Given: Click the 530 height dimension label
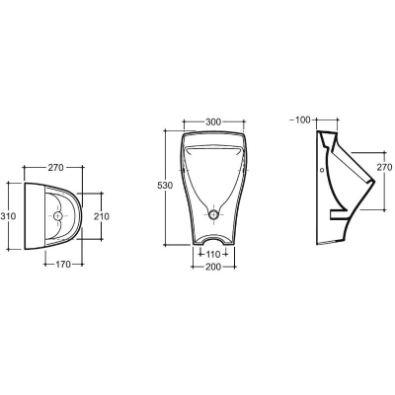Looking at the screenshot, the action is tap(165, 186).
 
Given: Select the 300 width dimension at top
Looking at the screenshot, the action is tap(213, 121).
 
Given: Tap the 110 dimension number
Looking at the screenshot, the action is tap(213, 255).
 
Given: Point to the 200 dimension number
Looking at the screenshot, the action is tap(213, 267).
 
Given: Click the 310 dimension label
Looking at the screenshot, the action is tap(9, 216).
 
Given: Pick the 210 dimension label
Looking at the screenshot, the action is tap(102, 216).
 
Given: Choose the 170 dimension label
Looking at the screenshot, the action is tap(63, 264).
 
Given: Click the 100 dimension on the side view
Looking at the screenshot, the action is tap(303, 119).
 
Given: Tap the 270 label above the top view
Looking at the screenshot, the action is tap(55, 168).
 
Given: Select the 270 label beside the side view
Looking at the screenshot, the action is tap(384, 167).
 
